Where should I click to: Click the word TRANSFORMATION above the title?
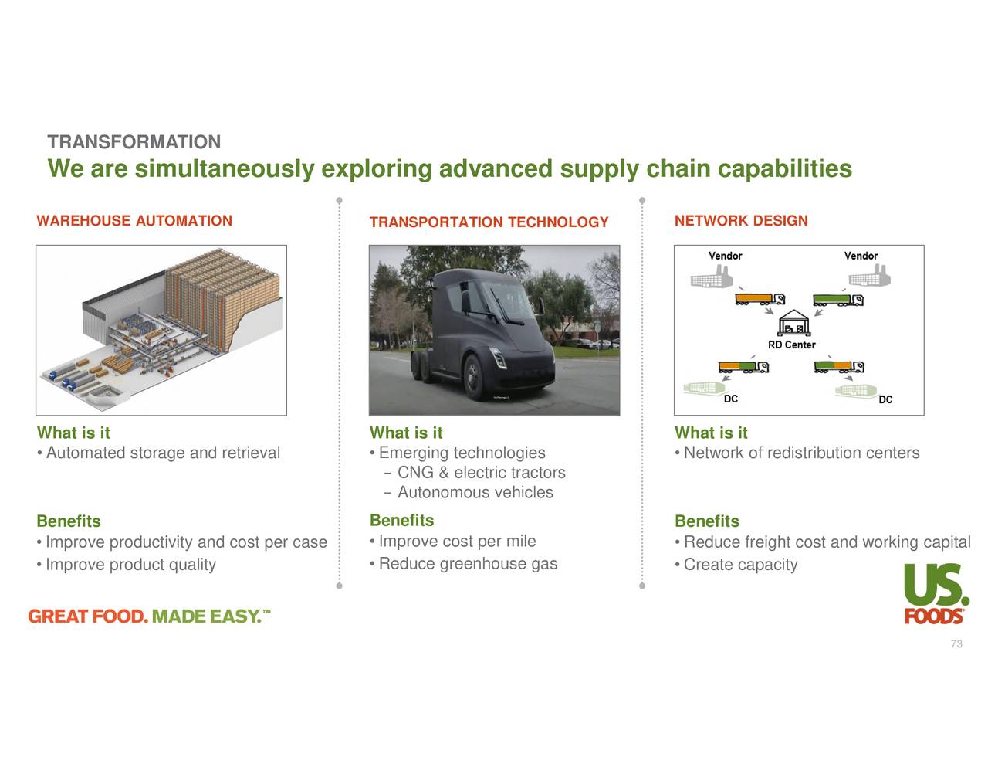[x=134, y=142]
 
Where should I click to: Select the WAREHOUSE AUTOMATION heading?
[x=134, y=221]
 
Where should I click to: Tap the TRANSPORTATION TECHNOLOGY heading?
[x=489, y=222]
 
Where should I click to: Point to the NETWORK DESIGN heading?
[x=741, y=221]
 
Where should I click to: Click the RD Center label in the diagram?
[x=791, y=345]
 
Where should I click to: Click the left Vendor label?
[x=725, y=256]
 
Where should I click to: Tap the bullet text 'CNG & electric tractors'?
[x=481, y=473]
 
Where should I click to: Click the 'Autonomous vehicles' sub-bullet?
[x=475, y=493]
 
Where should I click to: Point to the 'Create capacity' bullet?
[x=740, y=565]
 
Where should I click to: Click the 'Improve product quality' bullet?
[x=130, y=565]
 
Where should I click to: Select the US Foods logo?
[x=935, y=593]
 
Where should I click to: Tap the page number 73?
[x=956, y=644]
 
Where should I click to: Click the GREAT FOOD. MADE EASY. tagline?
[x=149, y=616]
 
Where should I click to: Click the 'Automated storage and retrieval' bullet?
[x=163, y=453]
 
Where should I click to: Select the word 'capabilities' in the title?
[x=784, y=169]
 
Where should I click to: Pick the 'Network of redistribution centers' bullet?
[x=801, y=453]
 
